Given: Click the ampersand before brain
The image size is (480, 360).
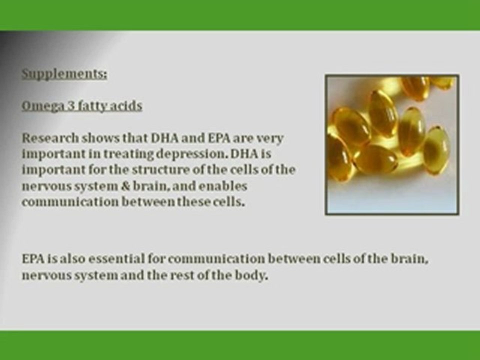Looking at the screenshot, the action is coord(125,186).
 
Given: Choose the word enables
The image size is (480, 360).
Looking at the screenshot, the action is coord(222,186).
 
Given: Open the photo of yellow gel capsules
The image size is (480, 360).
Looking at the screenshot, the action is coord(392,144).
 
